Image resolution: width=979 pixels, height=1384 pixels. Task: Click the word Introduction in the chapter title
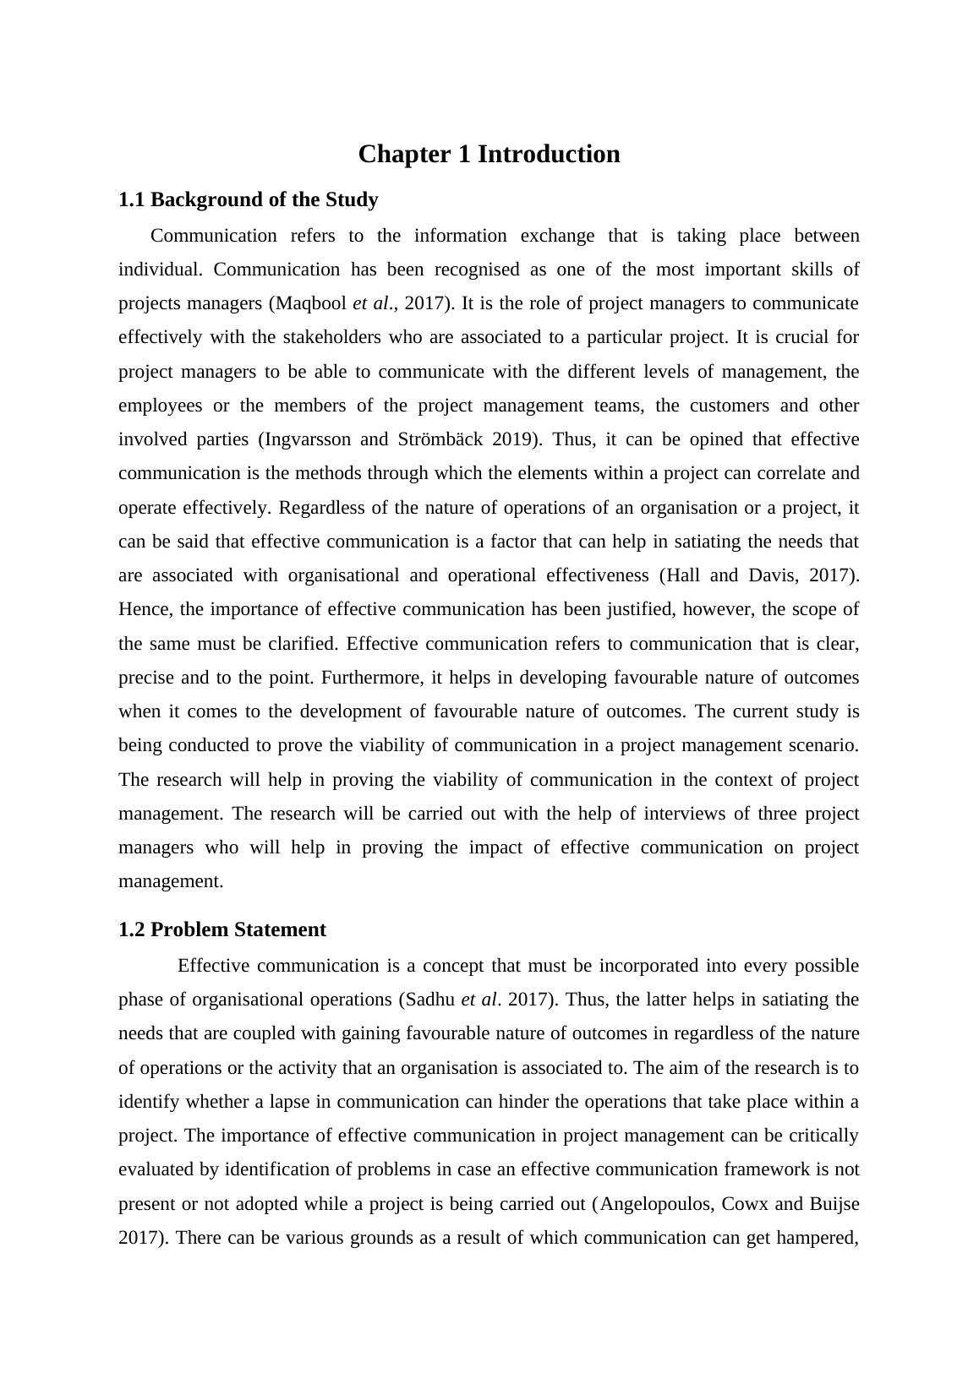[549, 155]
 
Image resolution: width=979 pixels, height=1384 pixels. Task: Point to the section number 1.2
[132, 930]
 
